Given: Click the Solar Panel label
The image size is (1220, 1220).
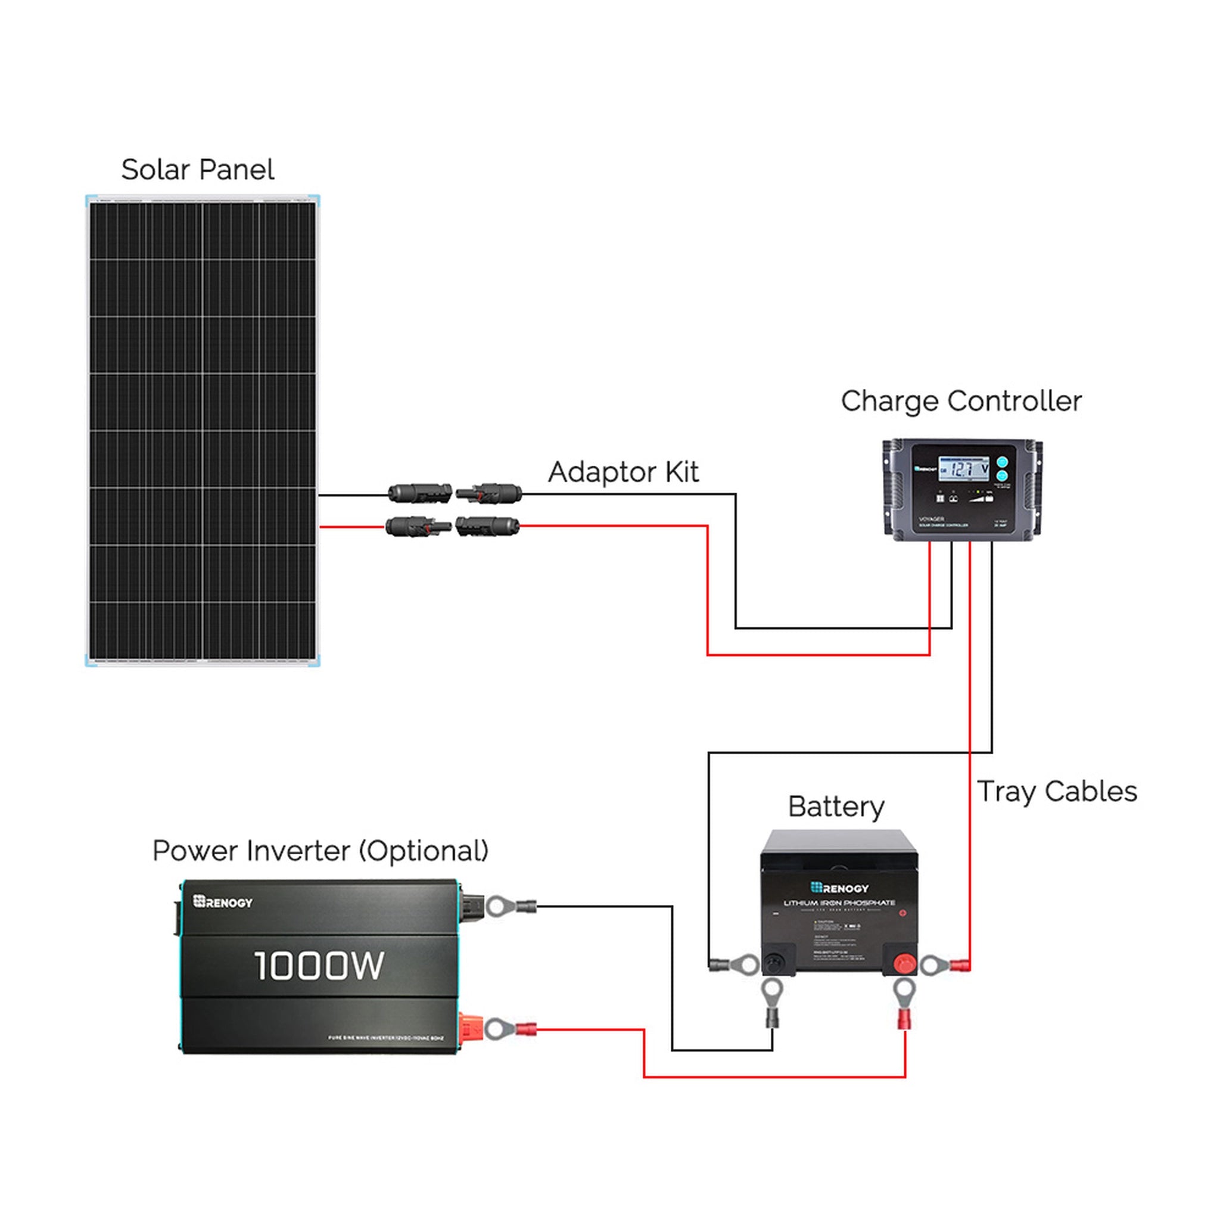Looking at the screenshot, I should coord(197,169).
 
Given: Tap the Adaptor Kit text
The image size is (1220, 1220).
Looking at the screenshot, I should coord(623,472).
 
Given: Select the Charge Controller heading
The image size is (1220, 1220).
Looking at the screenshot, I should coord(960,401).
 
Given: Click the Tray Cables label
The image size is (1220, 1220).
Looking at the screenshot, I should coord(1056,791).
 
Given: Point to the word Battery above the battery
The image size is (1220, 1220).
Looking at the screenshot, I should coord(835,807).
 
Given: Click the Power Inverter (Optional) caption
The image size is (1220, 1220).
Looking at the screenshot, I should coord(320,851).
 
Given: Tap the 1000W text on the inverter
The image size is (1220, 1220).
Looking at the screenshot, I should coord(319,966).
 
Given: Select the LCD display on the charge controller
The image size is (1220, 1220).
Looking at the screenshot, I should coord(964,469).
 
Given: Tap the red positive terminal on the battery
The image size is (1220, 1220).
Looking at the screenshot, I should coord(904,964).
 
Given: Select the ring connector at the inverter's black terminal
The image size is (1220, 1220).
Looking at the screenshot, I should coord(497,907).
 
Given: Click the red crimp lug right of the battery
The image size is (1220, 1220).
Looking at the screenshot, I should coord(959,965).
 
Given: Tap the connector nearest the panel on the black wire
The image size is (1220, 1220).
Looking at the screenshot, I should coord(419,493).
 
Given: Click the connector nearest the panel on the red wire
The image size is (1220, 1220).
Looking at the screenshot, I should coord(418,525).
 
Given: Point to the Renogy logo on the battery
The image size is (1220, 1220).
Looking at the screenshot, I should coord(839,888).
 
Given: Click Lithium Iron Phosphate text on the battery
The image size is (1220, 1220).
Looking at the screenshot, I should coord(839,903).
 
